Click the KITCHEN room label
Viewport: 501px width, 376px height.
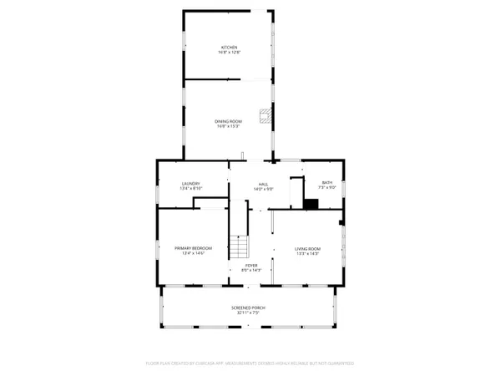point(229,48)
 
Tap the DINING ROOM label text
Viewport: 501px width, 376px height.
point(229,123)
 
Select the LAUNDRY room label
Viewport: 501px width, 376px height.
point(192,184)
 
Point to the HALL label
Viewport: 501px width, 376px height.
point(263,184)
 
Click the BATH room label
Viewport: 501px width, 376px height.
point(326,183)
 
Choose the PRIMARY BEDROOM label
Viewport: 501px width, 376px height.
point(193,248)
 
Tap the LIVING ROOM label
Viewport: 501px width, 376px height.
point(308,248)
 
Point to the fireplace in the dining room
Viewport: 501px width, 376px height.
point(265,115)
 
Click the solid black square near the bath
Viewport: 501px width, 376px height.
point(311,204)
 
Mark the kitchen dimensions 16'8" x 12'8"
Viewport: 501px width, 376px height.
point(229,53)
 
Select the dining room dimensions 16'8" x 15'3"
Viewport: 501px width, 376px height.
point(229,127)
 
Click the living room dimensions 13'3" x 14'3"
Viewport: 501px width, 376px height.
point(308,253)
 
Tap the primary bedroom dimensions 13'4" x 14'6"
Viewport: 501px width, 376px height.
point(193,253)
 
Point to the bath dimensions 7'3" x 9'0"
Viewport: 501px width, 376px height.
point(326,188)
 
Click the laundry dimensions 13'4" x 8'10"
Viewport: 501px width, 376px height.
point(192,189)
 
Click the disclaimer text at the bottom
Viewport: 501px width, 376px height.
point(250,364)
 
